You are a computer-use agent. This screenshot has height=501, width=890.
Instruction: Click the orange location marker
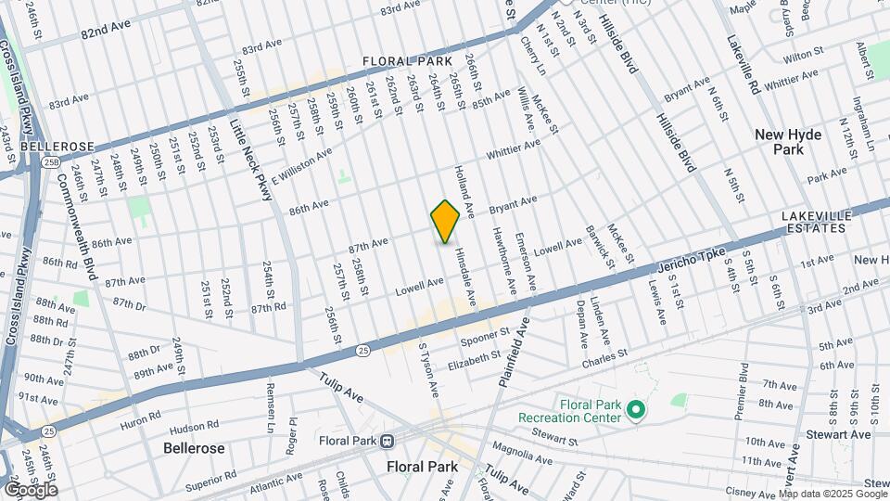(x=445, y=221)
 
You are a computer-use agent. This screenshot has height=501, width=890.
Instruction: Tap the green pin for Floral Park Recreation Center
(x=635, y=409)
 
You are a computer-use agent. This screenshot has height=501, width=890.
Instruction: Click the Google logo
(x=30, y=489)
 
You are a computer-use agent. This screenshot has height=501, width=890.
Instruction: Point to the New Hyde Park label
(x=788, y=142)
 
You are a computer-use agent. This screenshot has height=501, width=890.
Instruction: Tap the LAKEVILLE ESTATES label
(x=816, y=222)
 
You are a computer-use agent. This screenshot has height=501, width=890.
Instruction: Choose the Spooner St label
(x=485, y=339)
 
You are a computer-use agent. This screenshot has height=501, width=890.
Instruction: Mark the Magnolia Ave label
(x=523, y=452)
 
